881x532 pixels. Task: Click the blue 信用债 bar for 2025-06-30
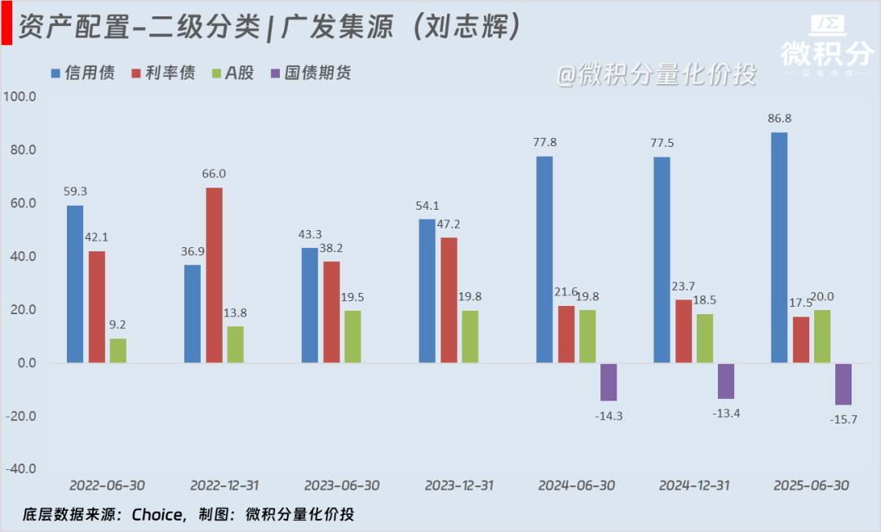(779, 247)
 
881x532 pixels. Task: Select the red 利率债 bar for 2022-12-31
(214, 275)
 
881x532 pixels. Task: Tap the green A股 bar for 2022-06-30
(118, 351)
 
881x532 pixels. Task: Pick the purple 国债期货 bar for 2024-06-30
(609, 382)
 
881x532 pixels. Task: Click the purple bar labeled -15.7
(843, 384)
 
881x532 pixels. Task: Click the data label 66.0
(215, 174)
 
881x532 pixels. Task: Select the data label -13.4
(726, 413)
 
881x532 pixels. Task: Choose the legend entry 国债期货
(317, 73)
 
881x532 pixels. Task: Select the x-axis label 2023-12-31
(459, 485)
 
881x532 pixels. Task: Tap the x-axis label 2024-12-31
(693, 485)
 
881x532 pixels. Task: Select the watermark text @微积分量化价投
(656, 74)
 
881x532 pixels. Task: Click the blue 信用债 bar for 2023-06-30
(310, 305)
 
